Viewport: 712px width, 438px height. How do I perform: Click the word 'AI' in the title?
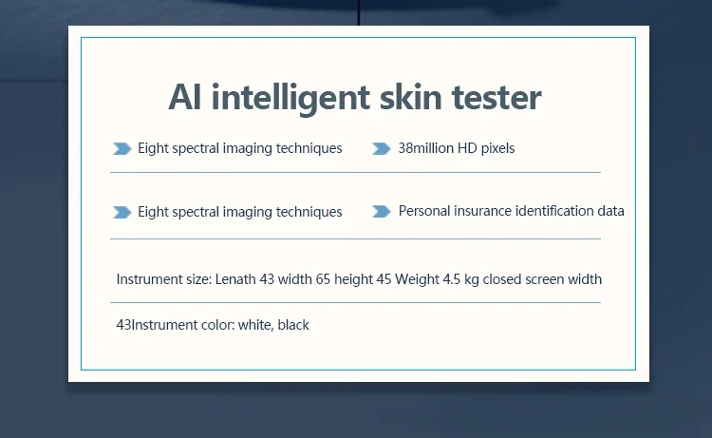click(185, 97)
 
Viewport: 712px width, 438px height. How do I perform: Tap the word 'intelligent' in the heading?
click(290, 98)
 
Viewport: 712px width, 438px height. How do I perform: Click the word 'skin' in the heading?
click(410, 97)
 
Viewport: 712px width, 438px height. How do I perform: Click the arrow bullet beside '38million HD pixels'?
click(382, 148)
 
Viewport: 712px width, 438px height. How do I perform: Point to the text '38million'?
click(426, 148)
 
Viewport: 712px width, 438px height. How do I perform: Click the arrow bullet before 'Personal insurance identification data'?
click(382, 211)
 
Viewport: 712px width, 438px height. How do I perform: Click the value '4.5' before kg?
click(451, 279)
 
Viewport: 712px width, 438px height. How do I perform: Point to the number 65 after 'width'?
click(323, 279)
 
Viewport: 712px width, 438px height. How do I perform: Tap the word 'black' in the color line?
click(293, 325)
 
